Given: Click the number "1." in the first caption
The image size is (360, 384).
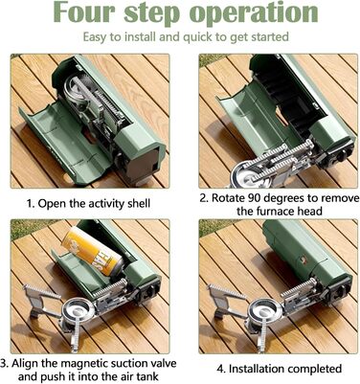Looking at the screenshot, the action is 31,203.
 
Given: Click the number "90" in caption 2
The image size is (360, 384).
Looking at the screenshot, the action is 254,198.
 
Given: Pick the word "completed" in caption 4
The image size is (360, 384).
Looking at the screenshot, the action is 312,369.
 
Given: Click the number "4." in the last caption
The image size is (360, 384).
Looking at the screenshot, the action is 222,370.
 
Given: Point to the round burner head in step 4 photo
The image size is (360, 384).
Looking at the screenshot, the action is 265,310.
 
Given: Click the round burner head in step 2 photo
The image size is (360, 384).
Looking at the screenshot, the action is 248,174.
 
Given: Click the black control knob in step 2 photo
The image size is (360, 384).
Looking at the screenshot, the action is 342,155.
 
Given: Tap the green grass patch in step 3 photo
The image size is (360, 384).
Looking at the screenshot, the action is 26,229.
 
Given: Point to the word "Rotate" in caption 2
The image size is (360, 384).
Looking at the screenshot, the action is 228,198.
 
